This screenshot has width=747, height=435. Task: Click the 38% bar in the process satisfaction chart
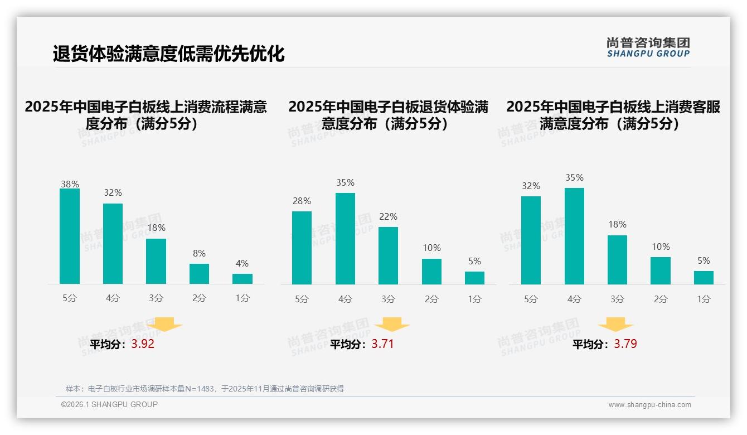[x=70, y=236]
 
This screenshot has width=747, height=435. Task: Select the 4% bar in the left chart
[x=242, y=279]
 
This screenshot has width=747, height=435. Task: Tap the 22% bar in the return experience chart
[x=388, y=255]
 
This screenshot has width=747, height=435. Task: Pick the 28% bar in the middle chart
[x=302, y=248]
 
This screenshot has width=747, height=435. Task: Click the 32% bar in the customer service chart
[x=531, y=240]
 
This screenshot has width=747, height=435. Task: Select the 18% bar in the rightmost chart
[x=617, y=260]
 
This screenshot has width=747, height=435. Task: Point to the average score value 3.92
[x=143, y=344]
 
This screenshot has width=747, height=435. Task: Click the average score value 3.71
[x=382, y=344]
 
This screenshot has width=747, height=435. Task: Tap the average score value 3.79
[x=625, y=344]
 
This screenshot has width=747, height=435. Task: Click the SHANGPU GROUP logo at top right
[x=648, y=47]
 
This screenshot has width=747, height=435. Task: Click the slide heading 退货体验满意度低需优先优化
[x=168, y=54]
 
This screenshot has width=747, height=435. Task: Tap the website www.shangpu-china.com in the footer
[x=649, y=405]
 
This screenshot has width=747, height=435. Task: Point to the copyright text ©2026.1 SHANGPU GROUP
[x=109, y=404]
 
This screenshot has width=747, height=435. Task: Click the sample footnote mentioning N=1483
[x=205, y=389]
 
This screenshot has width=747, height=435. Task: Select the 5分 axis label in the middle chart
[x=302, y=299]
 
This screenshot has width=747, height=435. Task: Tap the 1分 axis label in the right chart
[x=704, y=299]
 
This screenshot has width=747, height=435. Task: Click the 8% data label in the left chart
[x=199, y=253]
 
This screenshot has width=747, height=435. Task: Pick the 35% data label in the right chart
[x=574, y=177]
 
